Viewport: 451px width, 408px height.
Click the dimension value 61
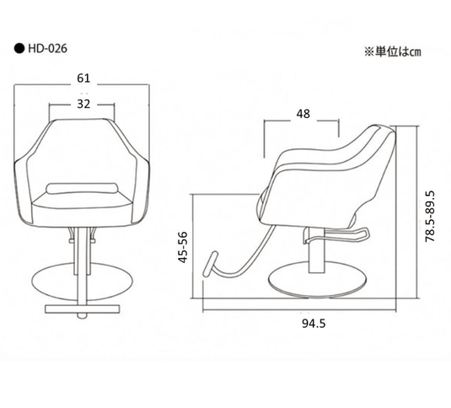(83, 78)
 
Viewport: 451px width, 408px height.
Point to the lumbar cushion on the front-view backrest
(82, 187)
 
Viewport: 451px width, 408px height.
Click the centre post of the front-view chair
(83, 253)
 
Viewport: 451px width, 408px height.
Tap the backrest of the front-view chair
(83, 152)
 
